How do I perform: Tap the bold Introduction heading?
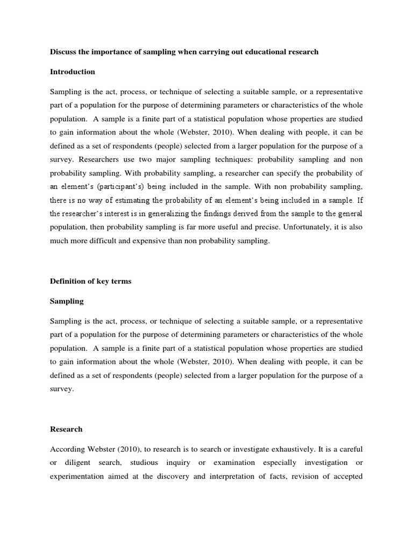(x=72, y=72)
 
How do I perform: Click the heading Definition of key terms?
(x=90, y=281)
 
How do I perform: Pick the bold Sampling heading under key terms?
(x=67, y=301)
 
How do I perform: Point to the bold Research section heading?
(x=66, y=429)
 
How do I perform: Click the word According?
(x=68, y=449)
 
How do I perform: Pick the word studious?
(x=163, y=463)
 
